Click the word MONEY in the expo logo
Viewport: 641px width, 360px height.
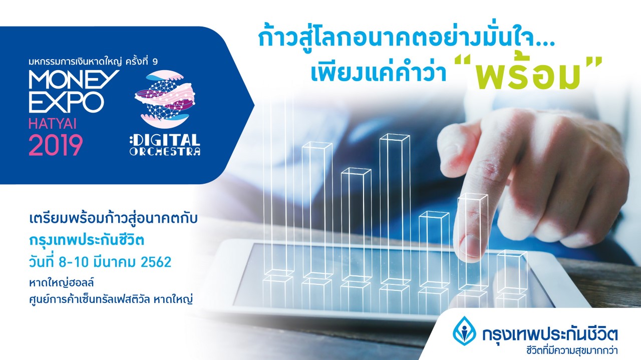pyautogui.click(x=74, y=79)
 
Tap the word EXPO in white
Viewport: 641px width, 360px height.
pyautogui.click(x=66, y=102)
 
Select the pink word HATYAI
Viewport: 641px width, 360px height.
pyautogui.click(x=53, y=124)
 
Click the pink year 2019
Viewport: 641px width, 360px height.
pyautogui.click(x=56, y=145)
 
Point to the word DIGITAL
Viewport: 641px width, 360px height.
pyautogui.click(x=165, y=140)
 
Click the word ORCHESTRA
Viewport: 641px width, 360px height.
pyautogui.click(x=165, y=151)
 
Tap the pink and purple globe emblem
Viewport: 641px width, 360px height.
pyautogui.click(x=165, y=99)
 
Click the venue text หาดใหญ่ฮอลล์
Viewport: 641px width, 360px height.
pyautogui.click(x=62, y=283)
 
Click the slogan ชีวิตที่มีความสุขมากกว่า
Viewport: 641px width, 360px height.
pyautogui.click(x=572, y=350)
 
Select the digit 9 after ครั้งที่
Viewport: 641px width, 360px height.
pyautogui.click(x=155, y=62)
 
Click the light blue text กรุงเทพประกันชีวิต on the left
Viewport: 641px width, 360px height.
pyautogui.click(x=87, y=240)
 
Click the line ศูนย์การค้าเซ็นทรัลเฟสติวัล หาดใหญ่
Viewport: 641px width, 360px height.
pyautogui.click(x=111, y=299)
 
